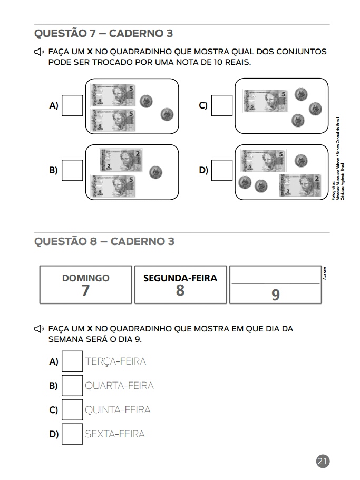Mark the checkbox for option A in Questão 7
pos(72,105)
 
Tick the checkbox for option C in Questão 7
pos(222,105)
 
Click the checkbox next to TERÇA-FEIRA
pos(72,361)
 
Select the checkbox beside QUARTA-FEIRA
pos(72,386)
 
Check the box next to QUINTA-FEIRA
pos(72,410)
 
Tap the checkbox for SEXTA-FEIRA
pos(72,434)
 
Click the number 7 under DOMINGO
pos(85,290)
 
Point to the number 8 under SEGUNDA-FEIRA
pos(180,290)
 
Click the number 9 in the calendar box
pos(275,295)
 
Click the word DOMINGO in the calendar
pos(86,278)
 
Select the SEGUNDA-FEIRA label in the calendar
pos(180,278)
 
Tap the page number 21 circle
pos(323,462)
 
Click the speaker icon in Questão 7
pos(38,52)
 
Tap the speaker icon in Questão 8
pos(38,329)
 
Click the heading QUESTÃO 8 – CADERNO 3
pos(104,241)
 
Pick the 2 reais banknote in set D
pos(299,185)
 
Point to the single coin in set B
pos(155,172)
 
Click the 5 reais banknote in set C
pos(266,101)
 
